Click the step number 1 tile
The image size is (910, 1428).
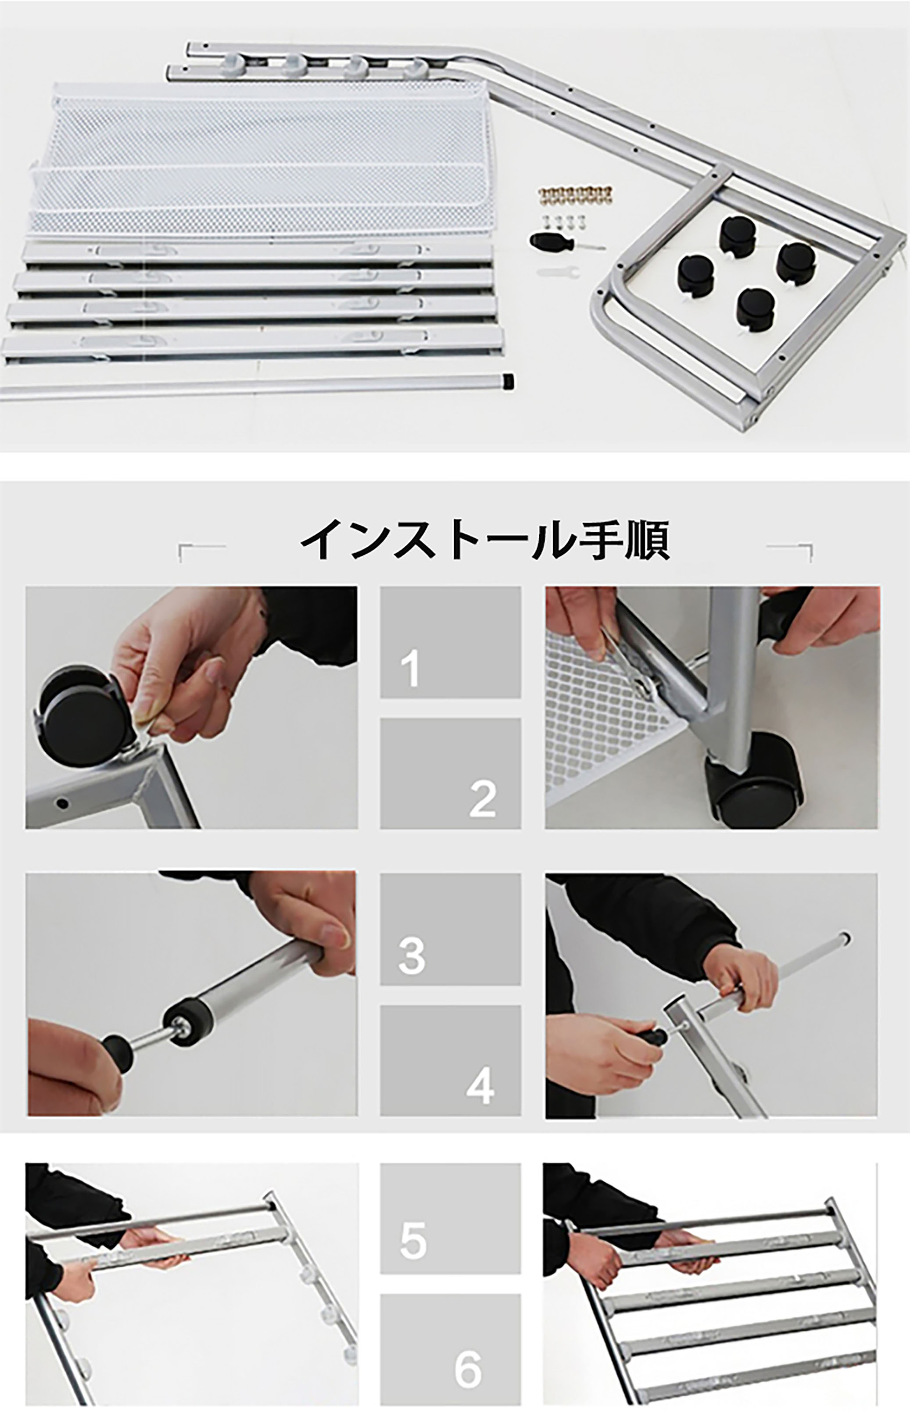[450, 642]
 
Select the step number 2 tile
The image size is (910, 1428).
[450, 773]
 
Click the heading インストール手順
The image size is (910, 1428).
[485, 540]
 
